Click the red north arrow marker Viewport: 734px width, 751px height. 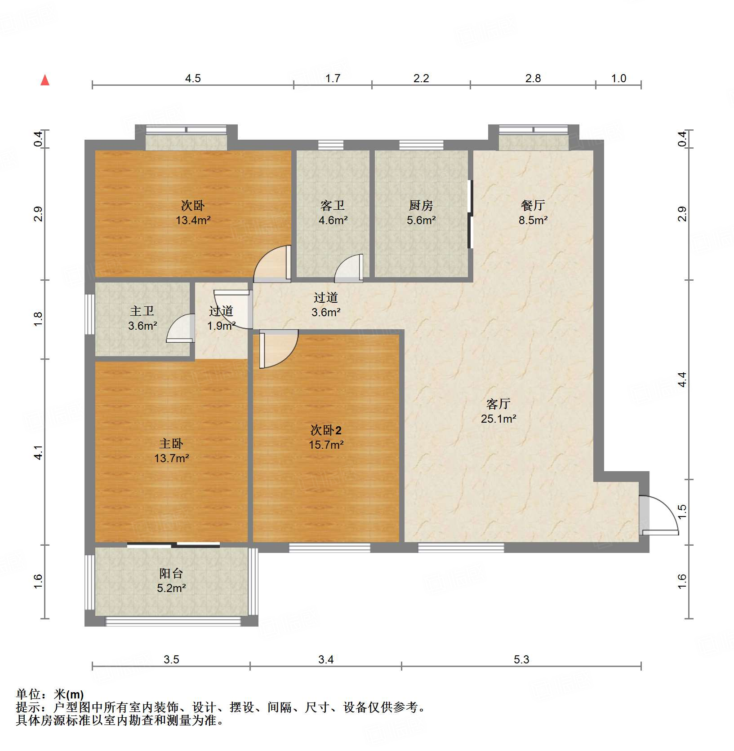pyautogui.click(x=45, y=80)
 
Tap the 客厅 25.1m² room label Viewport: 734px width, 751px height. pyautogui.click(x=498, y=411)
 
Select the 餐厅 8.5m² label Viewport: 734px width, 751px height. pyautogui.click(x=533, y=212)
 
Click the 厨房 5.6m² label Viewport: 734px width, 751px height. pyautogui.click(x=421, y=212)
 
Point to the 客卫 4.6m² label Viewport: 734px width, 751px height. pyautogui.click(x=333, y=212)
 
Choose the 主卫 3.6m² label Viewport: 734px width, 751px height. pyautogui.click(x=142, y=318)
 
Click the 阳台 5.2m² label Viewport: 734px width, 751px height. pyautogui.click(x=171, y=580)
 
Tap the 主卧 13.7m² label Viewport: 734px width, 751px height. pyautogui.click(x=171, y=451)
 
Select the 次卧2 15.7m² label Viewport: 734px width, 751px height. pyautogui.click(x=326, y=437)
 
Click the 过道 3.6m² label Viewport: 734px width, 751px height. pyautogui.click(x=326, y=305)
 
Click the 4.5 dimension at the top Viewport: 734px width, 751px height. pyautogui.click(x=193, y=79)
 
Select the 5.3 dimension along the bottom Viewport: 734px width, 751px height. pyautogui.click(x=521, y=659)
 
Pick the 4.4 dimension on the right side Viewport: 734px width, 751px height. pyautogui.click(x=682, y=380)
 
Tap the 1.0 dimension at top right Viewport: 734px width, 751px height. pyautogui.click(x=618, y=79)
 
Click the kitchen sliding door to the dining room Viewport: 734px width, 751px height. pyautogui.click(x=470, y=214)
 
